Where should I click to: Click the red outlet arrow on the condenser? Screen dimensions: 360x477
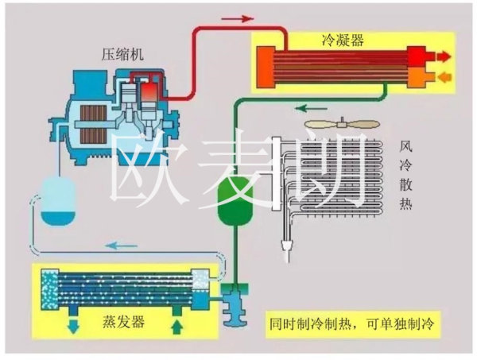click(x=444, y=56)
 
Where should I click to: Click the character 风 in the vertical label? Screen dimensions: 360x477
click(x=408, y=148)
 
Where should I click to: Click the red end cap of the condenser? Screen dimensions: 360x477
click(x=415, y=67)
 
